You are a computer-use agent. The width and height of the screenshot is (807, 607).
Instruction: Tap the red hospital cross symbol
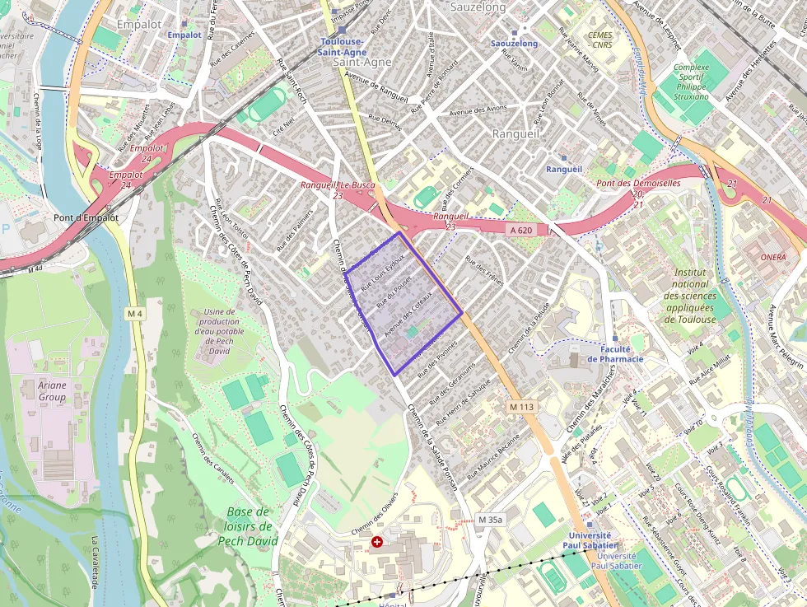[x=377, y=542]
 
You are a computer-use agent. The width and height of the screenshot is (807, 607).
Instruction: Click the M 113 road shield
[x=521, y=407]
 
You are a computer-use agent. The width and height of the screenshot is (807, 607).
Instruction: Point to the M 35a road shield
[x=489, y=520]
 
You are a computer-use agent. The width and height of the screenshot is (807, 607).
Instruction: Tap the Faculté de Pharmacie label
[x=615, y=354]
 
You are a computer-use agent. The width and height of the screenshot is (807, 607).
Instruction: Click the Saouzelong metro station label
[x=514, y=44]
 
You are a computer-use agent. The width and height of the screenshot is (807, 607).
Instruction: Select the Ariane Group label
[x=52, y=390]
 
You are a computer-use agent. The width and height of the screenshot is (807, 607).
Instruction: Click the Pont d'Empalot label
[x=86, y=218]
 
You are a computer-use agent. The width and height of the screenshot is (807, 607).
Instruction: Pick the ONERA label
[x=772, y=257]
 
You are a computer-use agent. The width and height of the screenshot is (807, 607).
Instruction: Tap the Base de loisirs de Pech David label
[x=248, y=526]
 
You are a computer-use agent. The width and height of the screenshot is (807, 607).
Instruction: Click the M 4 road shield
[x=135, y=314]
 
